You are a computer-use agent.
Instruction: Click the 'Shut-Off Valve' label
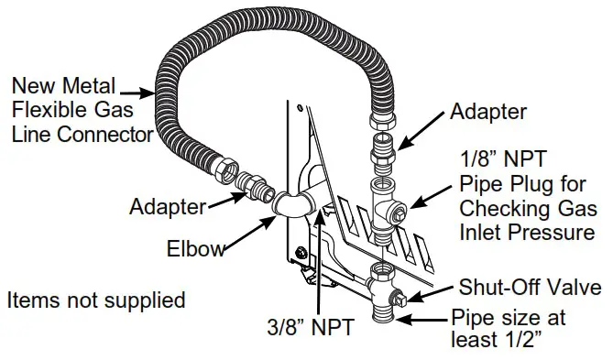tap(534, 288)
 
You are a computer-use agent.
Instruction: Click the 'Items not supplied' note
tap(95, 300)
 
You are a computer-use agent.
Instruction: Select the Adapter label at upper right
tap(488, 112)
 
